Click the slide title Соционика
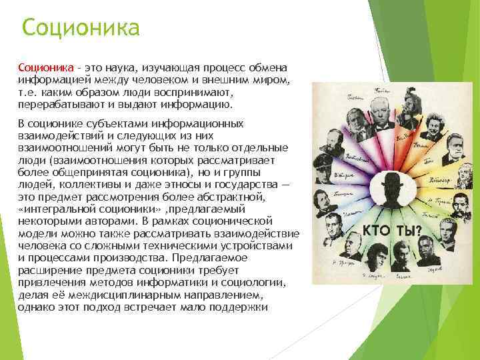coord(81,28)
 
